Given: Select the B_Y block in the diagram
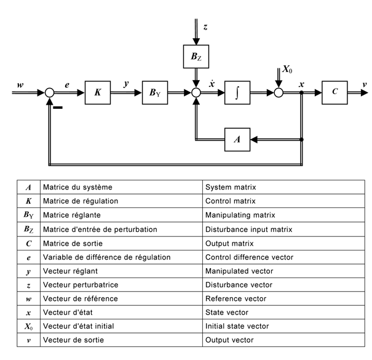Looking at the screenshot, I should tap(154, 94).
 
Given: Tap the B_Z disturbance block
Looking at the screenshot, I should tap(196, 57).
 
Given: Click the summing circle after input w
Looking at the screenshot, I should tap(49, 94).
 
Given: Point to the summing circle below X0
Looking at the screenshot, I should tap(279, 94).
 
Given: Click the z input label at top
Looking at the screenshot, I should tap(205, 28).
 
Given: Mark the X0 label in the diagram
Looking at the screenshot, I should tap(288, 70).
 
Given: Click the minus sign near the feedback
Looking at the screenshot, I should tap(57, 108).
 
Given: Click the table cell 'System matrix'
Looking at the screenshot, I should tap(231, 186).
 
